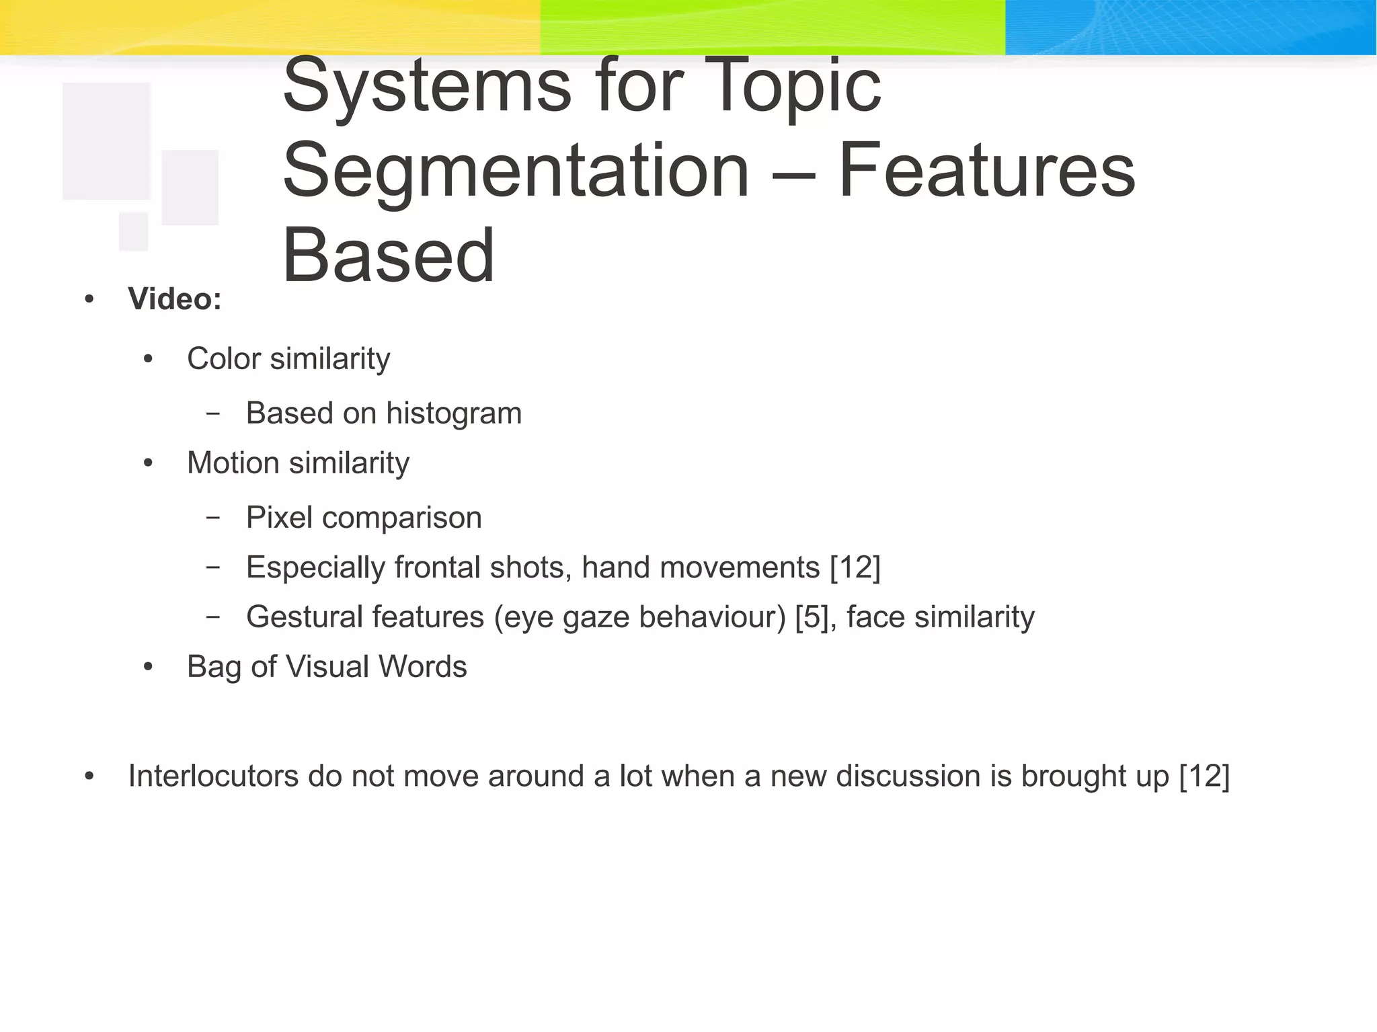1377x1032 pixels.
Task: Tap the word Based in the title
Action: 389,257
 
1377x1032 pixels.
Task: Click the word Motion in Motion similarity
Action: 233,463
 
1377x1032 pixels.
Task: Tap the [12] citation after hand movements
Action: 855,567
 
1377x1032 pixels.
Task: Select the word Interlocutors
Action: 213,777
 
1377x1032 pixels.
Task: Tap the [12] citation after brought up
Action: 1204,777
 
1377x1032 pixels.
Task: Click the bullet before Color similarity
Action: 149,360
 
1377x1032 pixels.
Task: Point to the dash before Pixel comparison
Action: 213,518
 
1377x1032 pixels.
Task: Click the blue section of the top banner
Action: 1190,27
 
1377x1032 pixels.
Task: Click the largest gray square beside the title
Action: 106,141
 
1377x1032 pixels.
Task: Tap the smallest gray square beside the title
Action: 133,231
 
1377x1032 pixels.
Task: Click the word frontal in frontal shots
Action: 437,567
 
